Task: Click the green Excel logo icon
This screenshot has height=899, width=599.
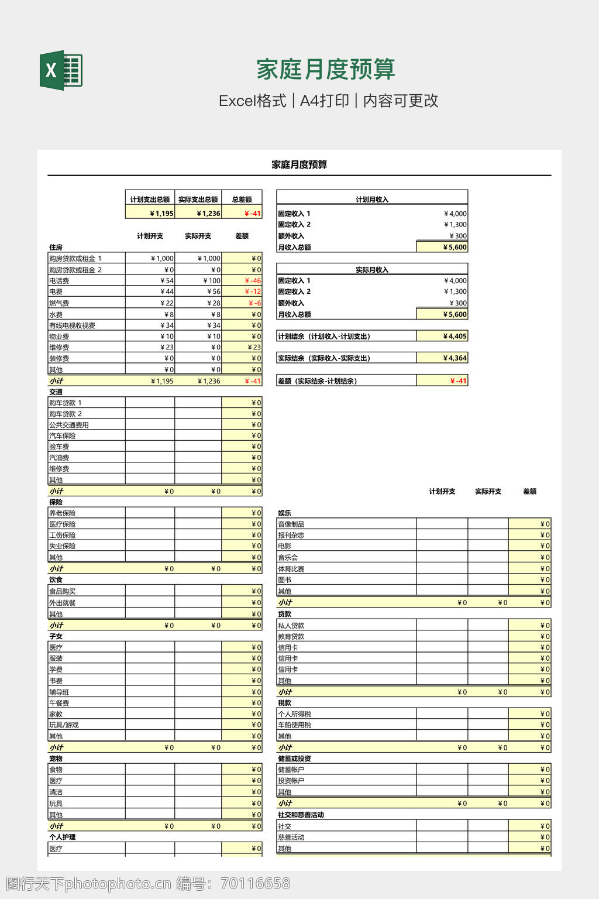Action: pyautogui.click(x=61, y=70)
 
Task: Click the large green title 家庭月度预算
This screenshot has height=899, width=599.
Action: pyautogui.click(x=325, y=70)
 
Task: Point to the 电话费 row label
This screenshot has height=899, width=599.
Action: pyautogui.click(x=59, y=281)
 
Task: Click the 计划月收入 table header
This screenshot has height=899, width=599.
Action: pyautogui.click(x=372, y=200)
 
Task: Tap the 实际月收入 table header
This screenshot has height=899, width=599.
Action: pyautogui.click(x=372, y=270)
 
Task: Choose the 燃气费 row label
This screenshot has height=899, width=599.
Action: pyautogui.click(x=59, y=303)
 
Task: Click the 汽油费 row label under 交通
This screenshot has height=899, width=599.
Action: pyautogui.click(x=59, y=458)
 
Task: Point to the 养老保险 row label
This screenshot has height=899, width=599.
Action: pyautogui.click(x=62, y=513)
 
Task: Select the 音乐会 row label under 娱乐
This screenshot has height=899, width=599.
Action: pyautogui.click(x=288, y=558)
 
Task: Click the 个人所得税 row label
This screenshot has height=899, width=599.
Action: pyautogui.click(x=294, y=714)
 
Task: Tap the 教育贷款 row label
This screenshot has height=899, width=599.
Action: pyautogui.click(x=291, y=637)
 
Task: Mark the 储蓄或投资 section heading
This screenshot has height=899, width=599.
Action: pyautogui.click(x=294, y=759)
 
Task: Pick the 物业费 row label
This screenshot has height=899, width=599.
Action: pyautogui.click(x=59, y=337)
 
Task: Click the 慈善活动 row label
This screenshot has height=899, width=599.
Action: pyautogui.click(x=291, y=838)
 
